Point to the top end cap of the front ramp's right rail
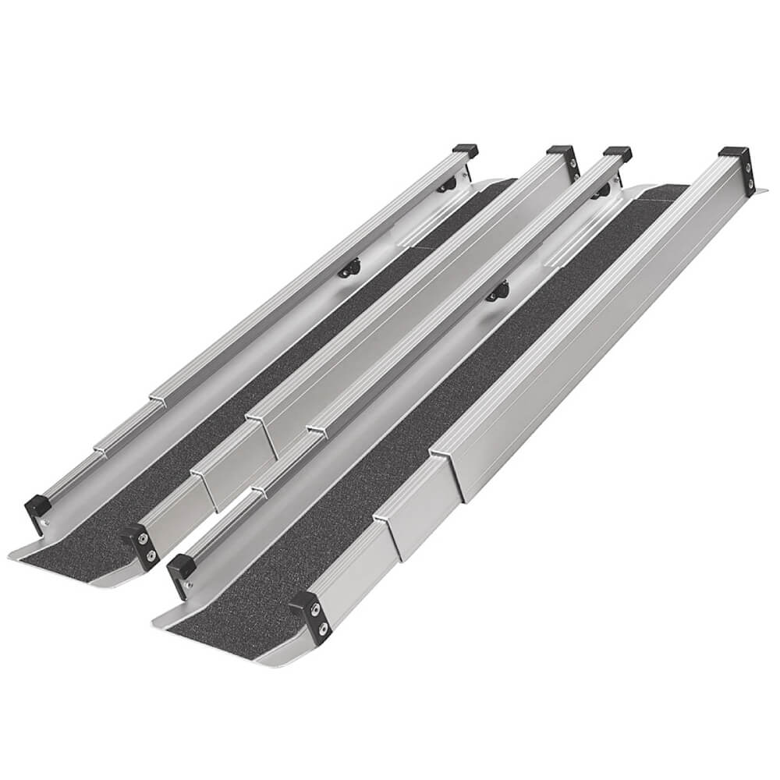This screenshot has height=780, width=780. point(733,152)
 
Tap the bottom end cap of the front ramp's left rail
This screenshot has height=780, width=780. point(181,566)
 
